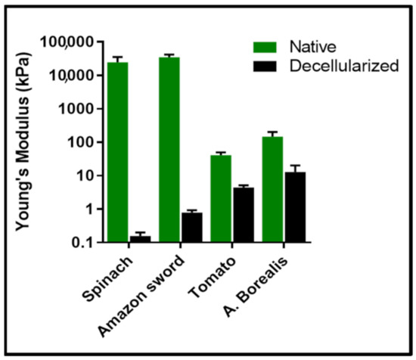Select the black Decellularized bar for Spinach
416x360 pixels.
(140, 238)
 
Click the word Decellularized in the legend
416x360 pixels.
(343, 66)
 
